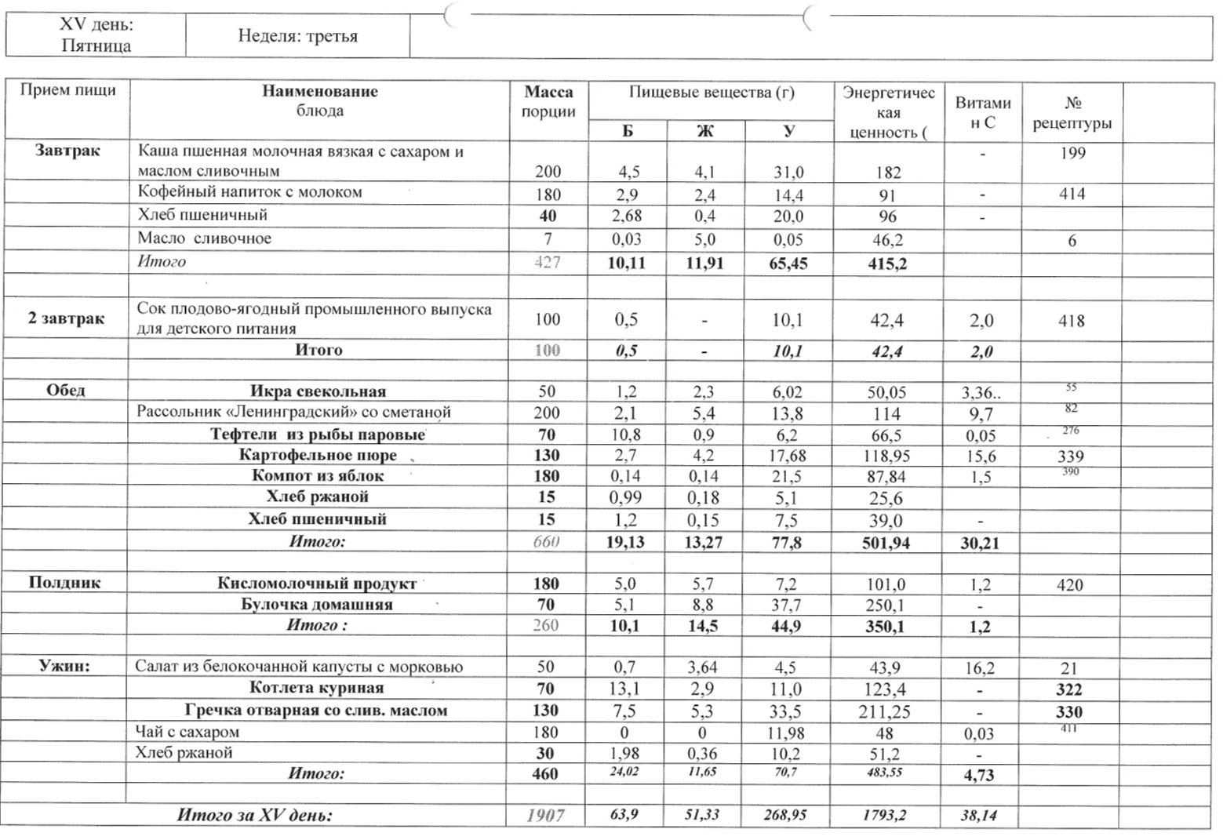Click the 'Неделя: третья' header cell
click(297, 36)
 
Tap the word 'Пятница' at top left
click(96, 45)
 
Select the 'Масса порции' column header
click(548, 102)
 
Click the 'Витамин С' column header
click(982, 112)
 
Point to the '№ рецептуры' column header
click(1072, 113)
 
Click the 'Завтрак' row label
click(67, 151)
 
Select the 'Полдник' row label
click(65, 583)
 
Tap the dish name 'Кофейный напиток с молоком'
click(249, 192)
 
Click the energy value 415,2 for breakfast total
click(887, 264)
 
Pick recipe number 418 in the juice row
click(1071, 321)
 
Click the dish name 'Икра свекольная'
click(318, 391)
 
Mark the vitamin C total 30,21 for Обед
click(980, 543)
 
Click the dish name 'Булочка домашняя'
click(317, 605)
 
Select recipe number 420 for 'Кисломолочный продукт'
click(1069, 585)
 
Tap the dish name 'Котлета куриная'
click(316, 689)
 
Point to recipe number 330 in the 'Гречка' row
click(1069, 712)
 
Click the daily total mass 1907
click(546, 816)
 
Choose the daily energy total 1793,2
click(884, 816)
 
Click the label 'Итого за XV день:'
click(255, 816)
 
